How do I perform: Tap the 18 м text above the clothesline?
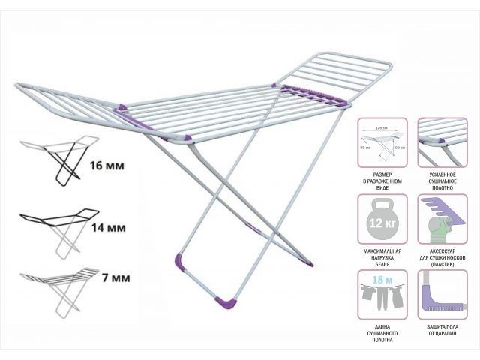pyautogui.click(x=382, y=280)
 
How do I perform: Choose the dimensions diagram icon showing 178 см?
pyautogui.click(x=382, y=142)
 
